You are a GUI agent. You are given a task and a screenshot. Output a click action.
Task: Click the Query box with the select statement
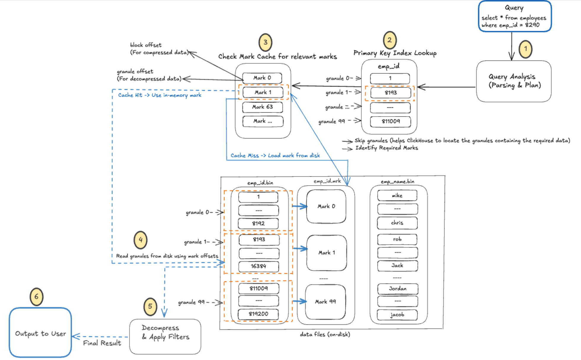515,17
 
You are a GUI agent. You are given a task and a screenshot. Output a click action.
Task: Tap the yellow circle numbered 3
265,42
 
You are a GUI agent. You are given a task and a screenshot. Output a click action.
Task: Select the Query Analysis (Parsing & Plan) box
514,81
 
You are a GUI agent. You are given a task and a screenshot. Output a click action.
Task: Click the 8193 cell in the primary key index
390,93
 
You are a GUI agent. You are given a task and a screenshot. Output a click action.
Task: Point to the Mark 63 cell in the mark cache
262,107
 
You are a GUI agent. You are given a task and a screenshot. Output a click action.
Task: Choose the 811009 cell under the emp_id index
390,121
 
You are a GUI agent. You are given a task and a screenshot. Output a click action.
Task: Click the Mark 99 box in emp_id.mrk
325,302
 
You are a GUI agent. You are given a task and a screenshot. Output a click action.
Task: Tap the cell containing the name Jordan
398,289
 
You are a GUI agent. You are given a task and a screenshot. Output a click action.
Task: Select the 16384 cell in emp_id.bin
258,266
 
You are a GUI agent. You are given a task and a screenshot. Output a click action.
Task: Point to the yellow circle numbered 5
150,306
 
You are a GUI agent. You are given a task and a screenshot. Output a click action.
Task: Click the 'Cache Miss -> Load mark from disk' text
275,155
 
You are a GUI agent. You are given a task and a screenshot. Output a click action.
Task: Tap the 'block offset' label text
146,45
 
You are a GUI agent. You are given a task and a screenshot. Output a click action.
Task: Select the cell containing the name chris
397,223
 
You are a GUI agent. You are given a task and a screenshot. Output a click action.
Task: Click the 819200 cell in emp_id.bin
258,314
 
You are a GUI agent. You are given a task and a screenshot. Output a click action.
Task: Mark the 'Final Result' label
102,343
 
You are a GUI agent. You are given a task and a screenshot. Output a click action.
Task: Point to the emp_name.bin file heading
397,181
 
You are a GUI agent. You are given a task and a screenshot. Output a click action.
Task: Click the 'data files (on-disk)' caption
325,334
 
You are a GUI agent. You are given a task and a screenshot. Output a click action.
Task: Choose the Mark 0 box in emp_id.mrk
326,206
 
